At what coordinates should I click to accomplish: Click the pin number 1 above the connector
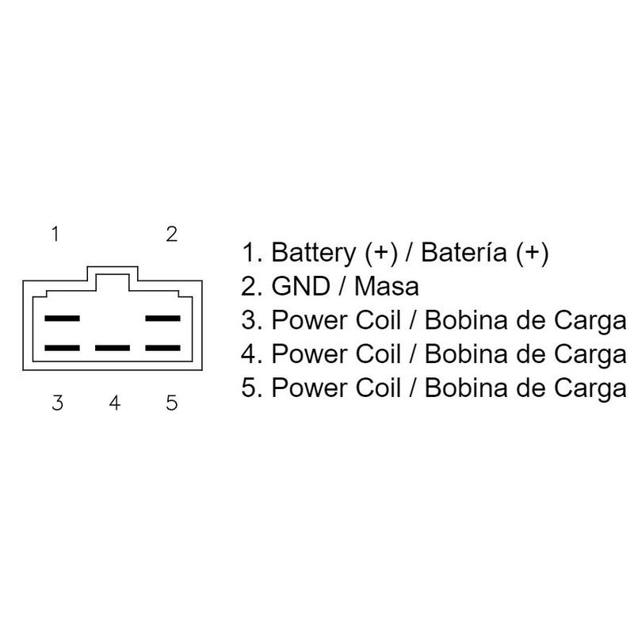[55, 234]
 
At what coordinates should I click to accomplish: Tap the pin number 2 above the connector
[171, 234]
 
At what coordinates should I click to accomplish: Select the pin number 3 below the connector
[57, 403]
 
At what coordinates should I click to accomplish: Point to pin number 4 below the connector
[115, 403]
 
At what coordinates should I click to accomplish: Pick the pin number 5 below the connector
[172, 403]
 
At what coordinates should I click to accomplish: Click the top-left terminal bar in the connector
[63, 319]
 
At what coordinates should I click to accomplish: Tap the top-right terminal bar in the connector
[163, 319]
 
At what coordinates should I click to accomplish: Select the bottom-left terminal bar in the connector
[63, 348]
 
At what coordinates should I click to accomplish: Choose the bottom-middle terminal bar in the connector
[113, 348]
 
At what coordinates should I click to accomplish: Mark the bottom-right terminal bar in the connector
[163, 348]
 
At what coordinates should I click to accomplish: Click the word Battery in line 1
[314, 254]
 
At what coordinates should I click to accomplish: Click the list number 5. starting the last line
[252, 389]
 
